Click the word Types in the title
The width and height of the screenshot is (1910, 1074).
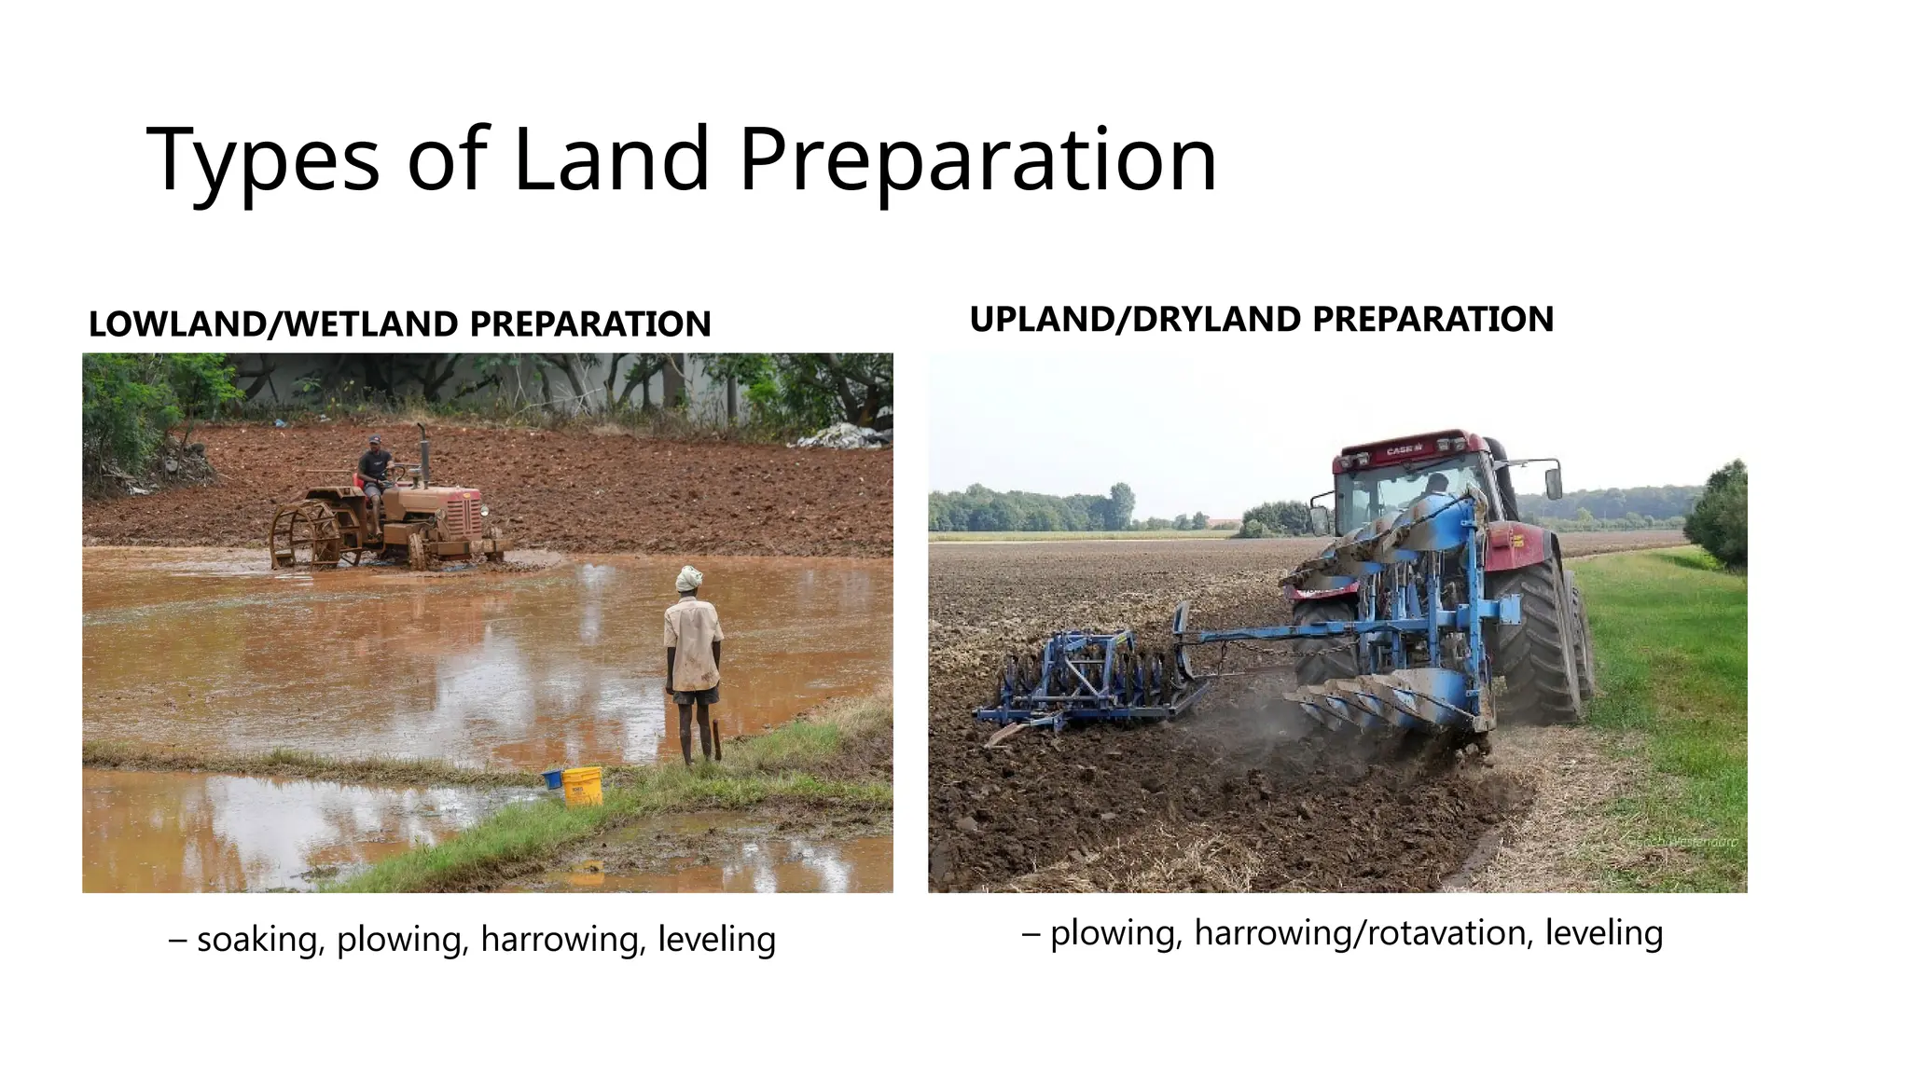coord(263,160)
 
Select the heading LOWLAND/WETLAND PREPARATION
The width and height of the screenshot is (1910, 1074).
coord(399,324)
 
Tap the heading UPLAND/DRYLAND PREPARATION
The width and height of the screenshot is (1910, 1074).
coord(1261,320)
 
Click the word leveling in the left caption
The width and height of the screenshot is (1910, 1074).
coord(716,939)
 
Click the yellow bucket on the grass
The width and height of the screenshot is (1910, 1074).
coord(583,785)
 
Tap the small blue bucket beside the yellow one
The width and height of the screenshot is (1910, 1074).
coord(552,778)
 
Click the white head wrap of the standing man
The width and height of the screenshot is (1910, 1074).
coord(688,578)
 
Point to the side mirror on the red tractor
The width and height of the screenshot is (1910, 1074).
coord(1553,482)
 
